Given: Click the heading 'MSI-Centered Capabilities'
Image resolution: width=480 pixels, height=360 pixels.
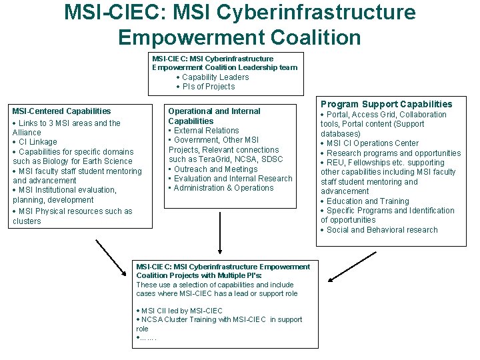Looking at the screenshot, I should [x=61, y=111].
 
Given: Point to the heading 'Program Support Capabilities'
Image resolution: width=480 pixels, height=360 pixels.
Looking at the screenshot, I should [x=387, y=104].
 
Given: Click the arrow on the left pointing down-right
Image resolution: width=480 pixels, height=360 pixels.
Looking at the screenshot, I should [x=111, y=257].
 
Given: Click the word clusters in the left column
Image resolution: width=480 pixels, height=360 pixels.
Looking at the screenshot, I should [x=27, y=221].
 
